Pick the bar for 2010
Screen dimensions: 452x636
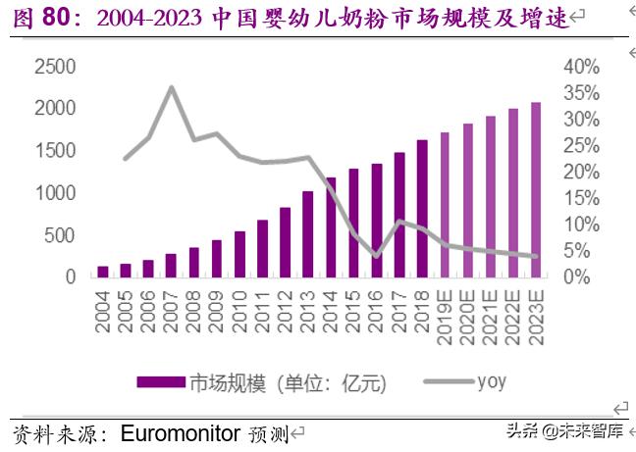239,254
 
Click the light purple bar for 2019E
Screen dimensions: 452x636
446,205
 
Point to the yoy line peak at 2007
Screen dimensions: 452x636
172,87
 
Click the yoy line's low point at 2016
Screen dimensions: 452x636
376,256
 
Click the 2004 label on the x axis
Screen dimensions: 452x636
103,311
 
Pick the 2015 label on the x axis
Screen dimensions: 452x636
354,311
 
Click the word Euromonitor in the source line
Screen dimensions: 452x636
180,432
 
